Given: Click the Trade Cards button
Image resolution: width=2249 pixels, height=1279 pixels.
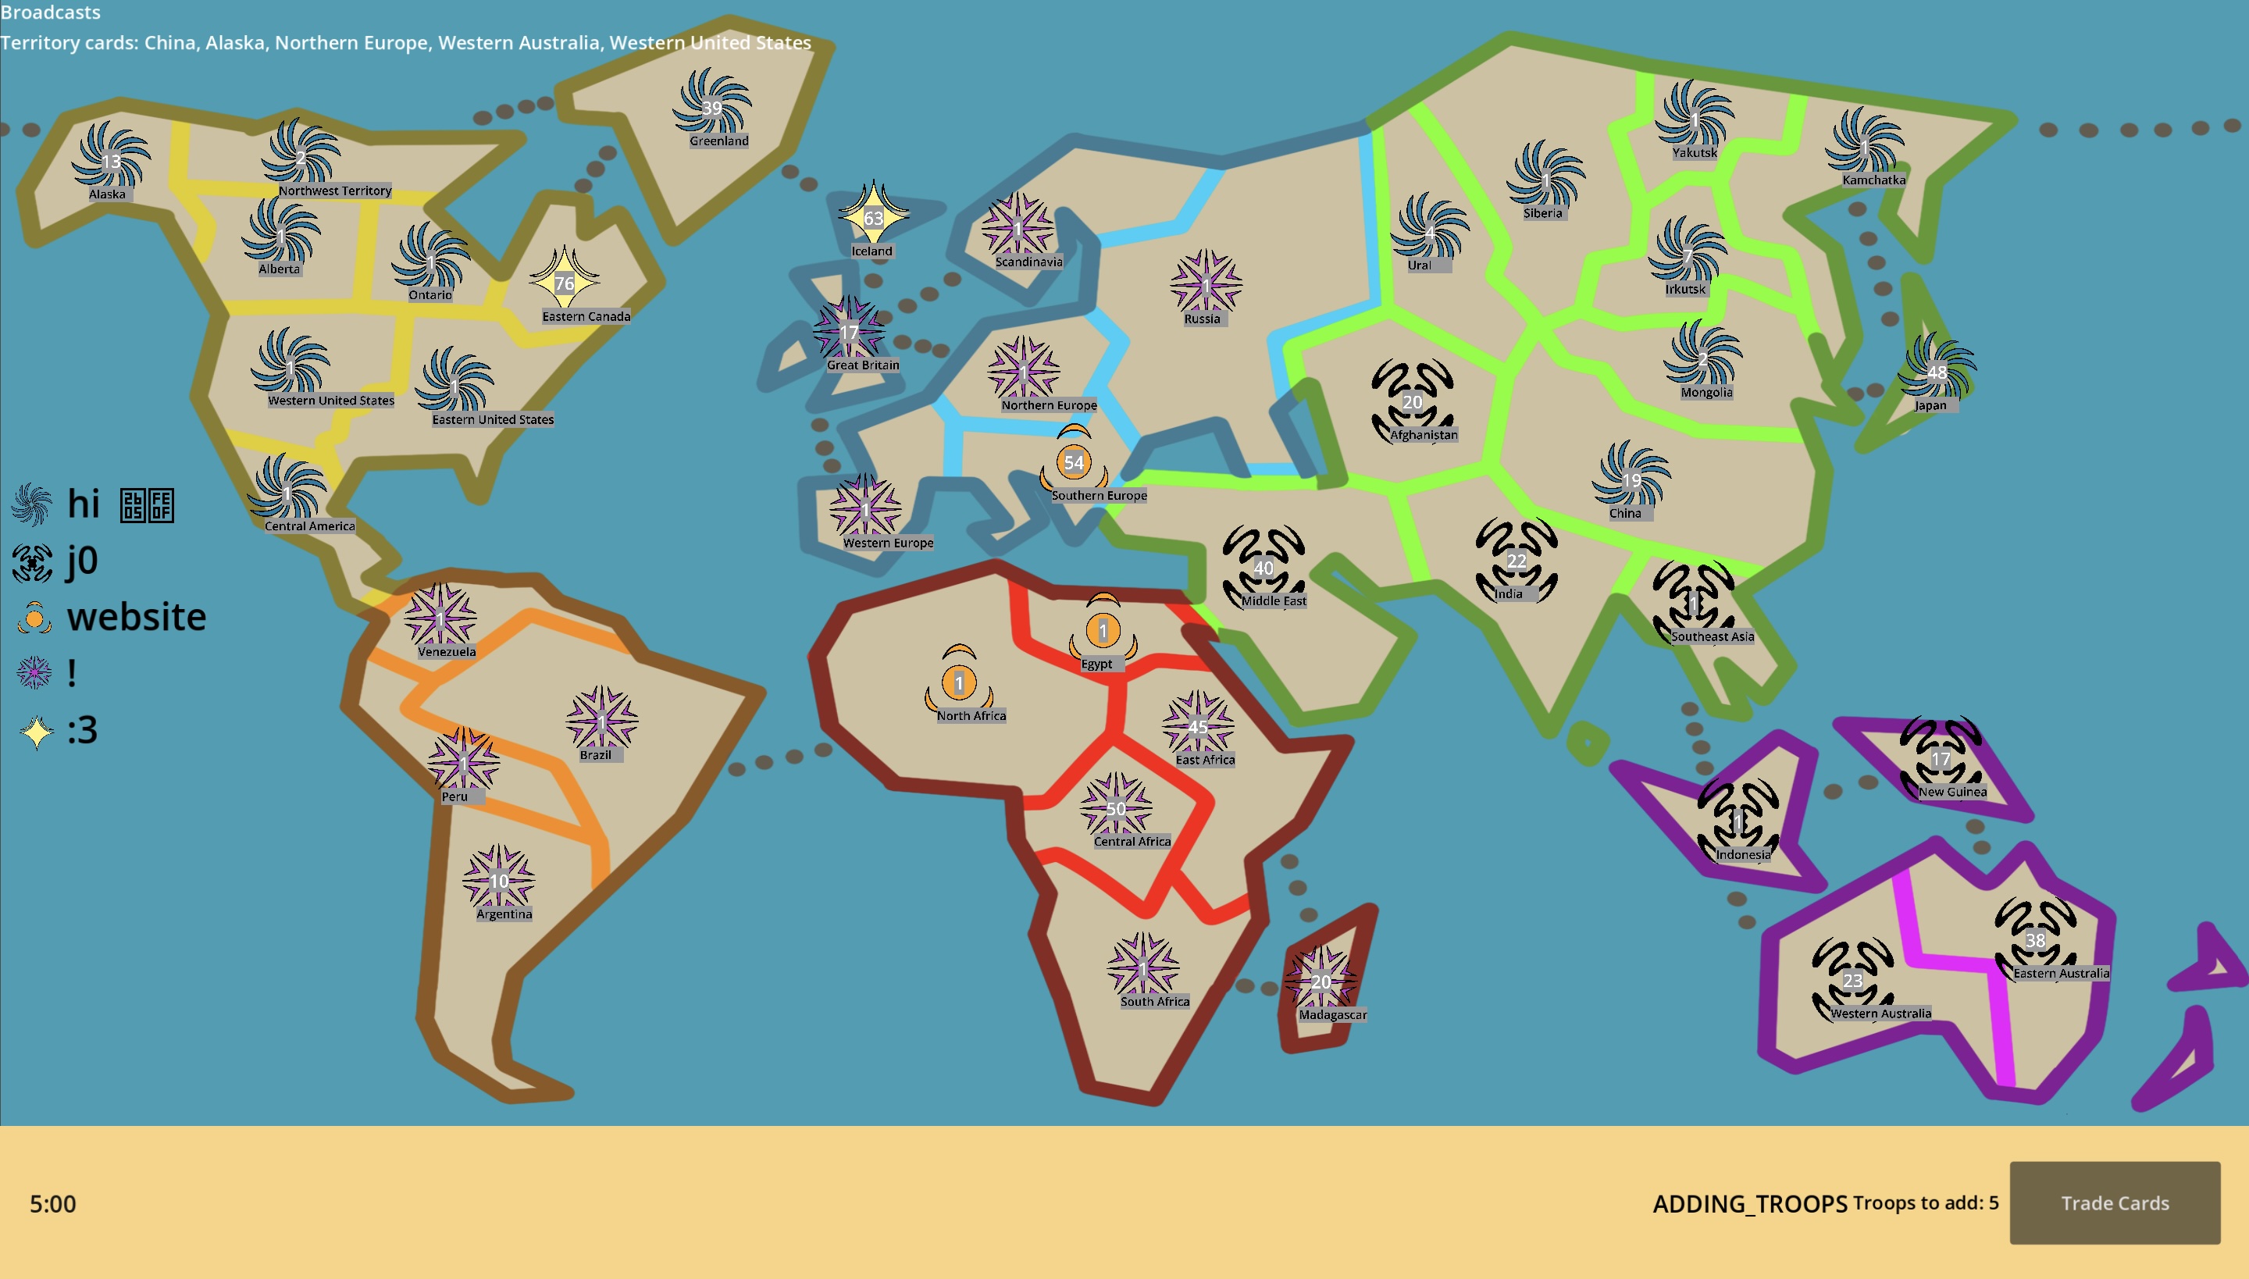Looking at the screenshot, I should tap(2114, 1202).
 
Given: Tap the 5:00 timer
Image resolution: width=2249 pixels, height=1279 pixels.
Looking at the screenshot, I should tap(53, 1203).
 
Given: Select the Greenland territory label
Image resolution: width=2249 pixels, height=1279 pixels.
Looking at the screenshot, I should tap(718, 141).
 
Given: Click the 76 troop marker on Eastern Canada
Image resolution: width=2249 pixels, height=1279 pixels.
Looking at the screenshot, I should tap(564, 283).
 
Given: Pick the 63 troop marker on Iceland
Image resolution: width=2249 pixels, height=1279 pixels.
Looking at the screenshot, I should tap(872, 218).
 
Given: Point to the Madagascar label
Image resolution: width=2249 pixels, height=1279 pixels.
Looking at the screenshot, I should tap(1332, 1014).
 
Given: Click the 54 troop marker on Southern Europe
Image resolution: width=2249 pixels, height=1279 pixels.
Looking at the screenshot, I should tap(1074, 462).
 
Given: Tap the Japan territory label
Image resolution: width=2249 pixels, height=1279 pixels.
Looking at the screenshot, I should tap(1930, 405).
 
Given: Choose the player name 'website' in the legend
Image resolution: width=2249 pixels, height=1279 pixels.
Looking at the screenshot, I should tap(136, 617).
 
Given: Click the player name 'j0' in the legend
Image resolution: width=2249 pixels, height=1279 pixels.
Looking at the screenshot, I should tap(83, 561).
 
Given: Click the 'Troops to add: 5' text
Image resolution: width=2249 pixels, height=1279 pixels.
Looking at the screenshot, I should tap(1925, 1202).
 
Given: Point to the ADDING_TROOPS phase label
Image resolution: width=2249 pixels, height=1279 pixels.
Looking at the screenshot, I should tap(1749, 1203).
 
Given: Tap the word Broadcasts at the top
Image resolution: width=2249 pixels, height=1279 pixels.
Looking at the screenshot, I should tap(51, 12).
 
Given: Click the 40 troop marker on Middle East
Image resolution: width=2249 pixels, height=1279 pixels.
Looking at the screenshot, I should tap(1264, 568).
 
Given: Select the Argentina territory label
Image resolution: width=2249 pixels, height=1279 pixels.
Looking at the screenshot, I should tap(504, 914).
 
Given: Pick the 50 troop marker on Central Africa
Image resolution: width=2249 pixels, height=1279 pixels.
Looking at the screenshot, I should tap(1116, 808).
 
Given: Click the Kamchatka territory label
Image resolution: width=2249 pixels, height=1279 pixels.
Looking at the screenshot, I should tap(1873, 180).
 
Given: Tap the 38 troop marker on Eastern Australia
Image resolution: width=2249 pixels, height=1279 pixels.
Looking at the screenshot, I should tap(2035, 940).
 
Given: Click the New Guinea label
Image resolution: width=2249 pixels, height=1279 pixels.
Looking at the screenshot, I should tap(1952, 792).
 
